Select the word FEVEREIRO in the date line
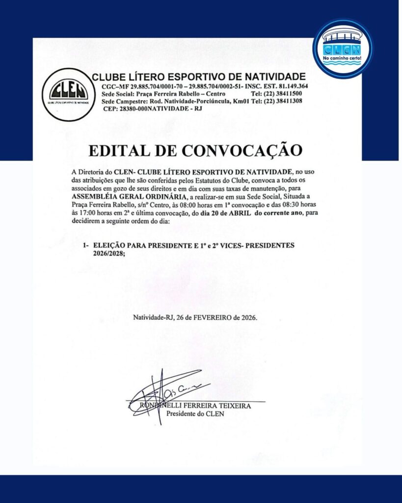pos(214,317)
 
